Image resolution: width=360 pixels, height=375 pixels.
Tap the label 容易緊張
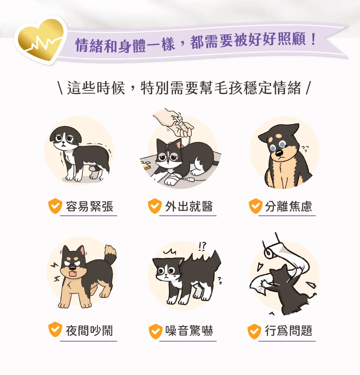click(90, 206)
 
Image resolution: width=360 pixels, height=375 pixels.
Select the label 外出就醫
click(189, 206)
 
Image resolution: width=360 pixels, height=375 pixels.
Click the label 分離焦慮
click(288, 206)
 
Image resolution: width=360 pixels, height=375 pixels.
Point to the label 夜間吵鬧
click(89, 331)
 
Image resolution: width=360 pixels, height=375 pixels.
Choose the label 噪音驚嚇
click(189, 331)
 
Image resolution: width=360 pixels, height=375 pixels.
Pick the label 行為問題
click(288, 331)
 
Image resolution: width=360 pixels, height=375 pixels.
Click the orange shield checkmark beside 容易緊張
click(55, 206)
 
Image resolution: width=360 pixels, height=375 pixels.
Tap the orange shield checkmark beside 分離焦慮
click(256, 206)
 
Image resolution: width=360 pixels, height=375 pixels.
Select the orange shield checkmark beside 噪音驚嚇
click(156, 331)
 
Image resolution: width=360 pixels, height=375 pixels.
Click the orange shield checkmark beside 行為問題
click(255, 331)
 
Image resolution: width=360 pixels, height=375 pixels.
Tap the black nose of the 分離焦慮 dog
click(279, 153)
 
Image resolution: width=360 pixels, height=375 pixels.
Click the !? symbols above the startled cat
click(202, 246)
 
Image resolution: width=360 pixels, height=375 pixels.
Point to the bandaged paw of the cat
click(172, 179)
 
